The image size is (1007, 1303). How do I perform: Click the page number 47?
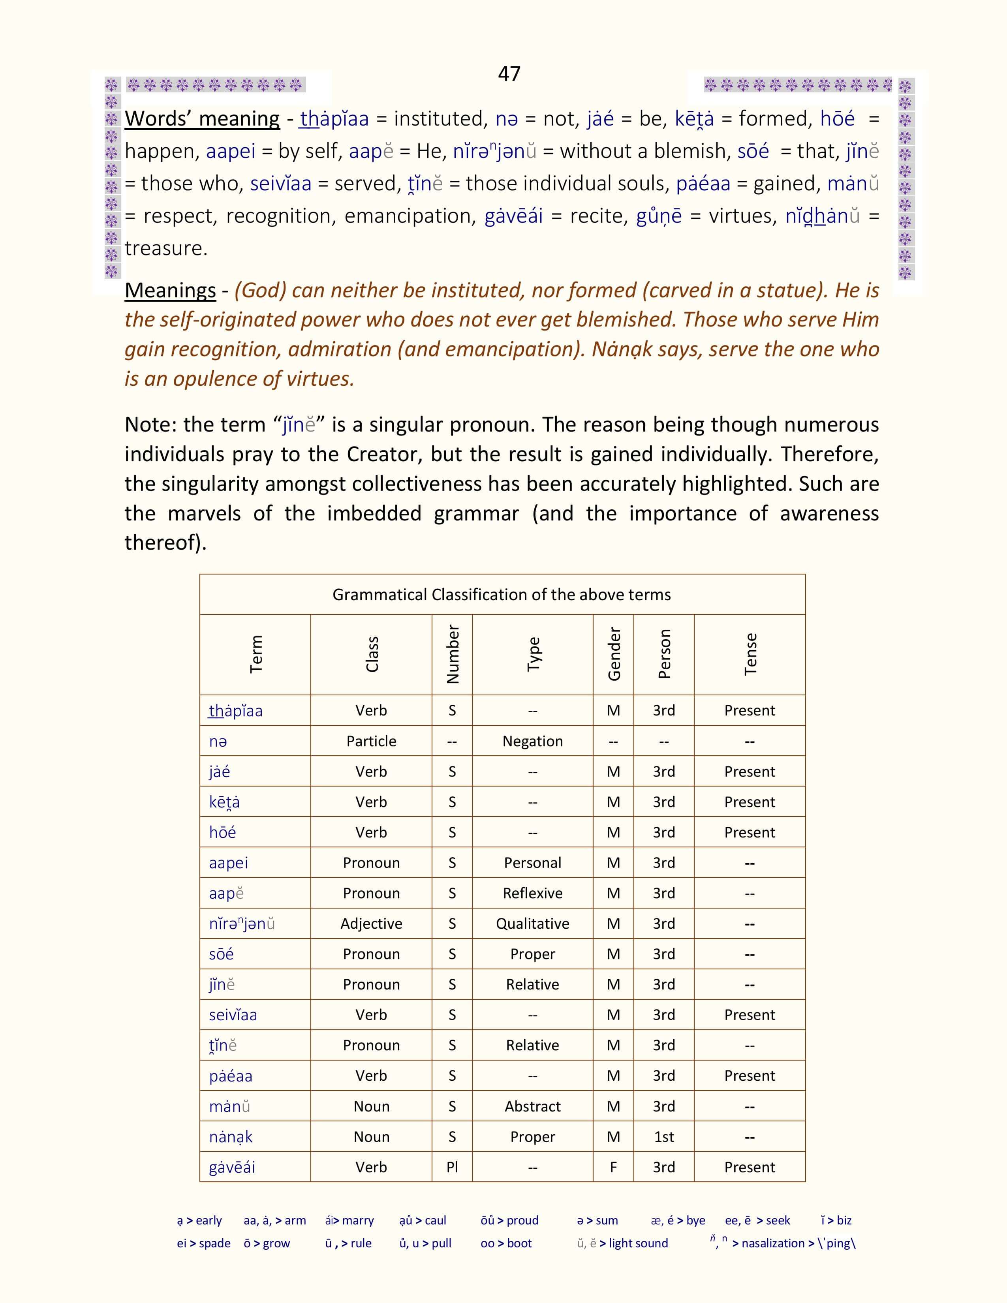509,73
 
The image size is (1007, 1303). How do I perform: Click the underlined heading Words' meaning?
202,119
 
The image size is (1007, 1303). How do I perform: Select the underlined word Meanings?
170,291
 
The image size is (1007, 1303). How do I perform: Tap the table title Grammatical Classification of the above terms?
502,594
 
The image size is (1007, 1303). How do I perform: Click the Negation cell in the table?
532,741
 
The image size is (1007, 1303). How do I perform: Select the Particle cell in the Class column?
371,741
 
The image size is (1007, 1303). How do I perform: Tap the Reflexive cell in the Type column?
532,893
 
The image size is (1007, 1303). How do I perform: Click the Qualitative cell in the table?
532,924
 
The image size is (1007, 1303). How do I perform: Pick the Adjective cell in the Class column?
371,924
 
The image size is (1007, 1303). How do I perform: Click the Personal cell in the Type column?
532,863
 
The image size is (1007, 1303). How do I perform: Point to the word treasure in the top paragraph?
166,248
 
